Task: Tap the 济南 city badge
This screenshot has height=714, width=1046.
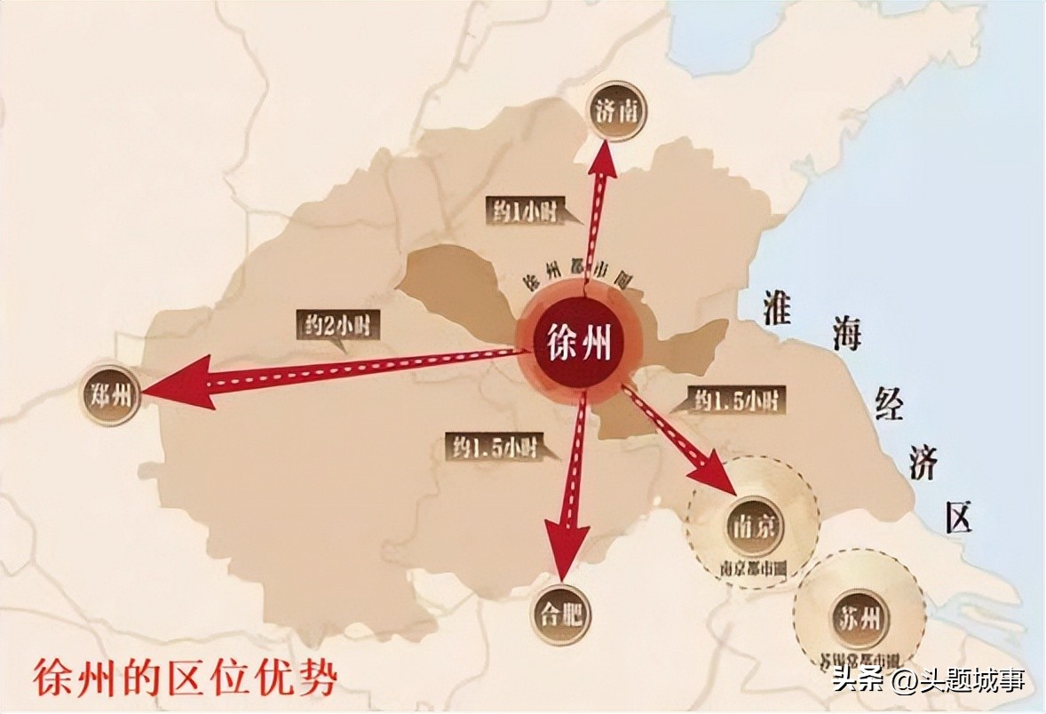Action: pyautogui.click(x=617, y=112)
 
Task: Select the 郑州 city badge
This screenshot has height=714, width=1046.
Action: pyautogui.click(x=111, y=394)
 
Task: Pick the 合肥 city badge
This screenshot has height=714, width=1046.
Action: pyautogui.click(x=561, y=614)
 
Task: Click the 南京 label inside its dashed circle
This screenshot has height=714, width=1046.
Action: pyautogui.click(x=753, y=526)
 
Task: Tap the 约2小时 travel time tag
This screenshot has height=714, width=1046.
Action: pyautogui.click(x=338, y=325)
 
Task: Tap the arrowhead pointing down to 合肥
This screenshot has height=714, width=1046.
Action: pyautogui.click(x=566, y=542)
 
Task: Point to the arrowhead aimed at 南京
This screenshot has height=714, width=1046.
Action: pyautogui.click(x=715, y=472)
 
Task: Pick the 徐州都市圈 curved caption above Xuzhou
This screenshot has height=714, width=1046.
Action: pyautogui.click(x=577, y=282)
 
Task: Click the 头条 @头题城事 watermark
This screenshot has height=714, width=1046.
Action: pyautogui.click(x=929, y=681)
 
